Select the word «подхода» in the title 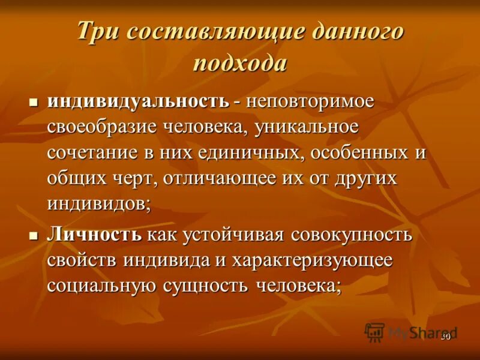pos(240,62)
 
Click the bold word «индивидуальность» pos(138,101)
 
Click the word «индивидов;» pos(100,204)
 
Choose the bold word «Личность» pos(94,234)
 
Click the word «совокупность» pos(352,234)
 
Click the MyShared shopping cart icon pos(374,332)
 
